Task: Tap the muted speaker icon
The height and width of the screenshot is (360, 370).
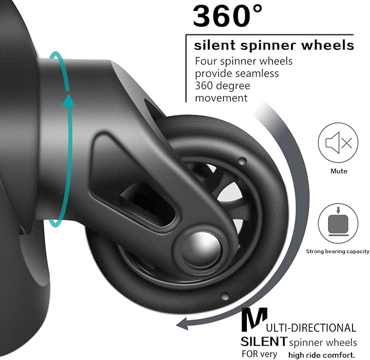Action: pos(338,143)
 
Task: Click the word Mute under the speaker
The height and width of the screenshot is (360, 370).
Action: pos(338,171)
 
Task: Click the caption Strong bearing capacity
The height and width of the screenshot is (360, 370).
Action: pos(338,251)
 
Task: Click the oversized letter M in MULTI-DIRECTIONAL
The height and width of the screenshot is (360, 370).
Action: pos(254,321)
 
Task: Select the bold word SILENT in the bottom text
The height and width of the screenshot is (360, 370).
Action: pos(264,341)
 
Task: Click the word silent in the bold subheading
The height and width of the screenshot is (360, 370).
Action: pos(213,45)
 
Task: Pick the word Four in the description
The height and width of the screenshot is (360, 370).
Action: pos(208,61)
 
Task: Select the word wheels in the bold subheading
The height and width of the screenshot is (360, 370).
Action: pos(327,45)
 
